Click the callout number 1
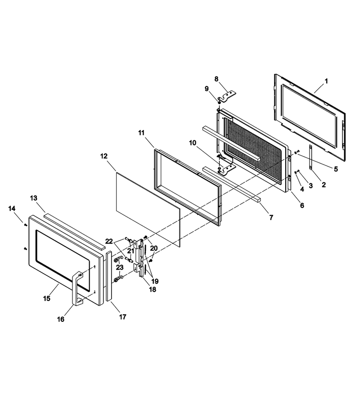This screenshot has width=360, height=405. [x=326, y=81]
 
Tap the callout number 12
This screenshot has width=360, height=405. [x=104, y=156]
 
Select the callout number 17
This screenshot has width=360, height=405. [x=123, y=317]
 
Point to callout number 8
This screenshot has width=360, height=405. [x=216, y=79]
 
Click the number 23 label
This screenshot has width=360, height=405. [x=120, y=267]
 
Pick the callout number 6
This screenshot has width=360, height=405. [x=302, y=205]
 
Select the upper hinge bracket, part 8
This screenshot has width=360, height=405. [x=227, y=96]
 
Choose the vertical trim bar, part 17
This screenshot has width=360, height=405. [x=108, y=276]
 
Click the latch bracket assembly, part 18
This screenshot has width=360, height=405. [x=139, y=258]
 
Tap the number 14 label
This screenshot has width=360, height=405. [x=12, y=208]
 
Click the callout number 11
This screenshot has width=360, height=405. [x=141, y=133]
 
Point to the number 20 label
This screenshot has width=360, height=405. [x=154, y=248]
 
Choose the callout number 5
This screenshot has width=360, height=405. [x=336, y=169]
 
